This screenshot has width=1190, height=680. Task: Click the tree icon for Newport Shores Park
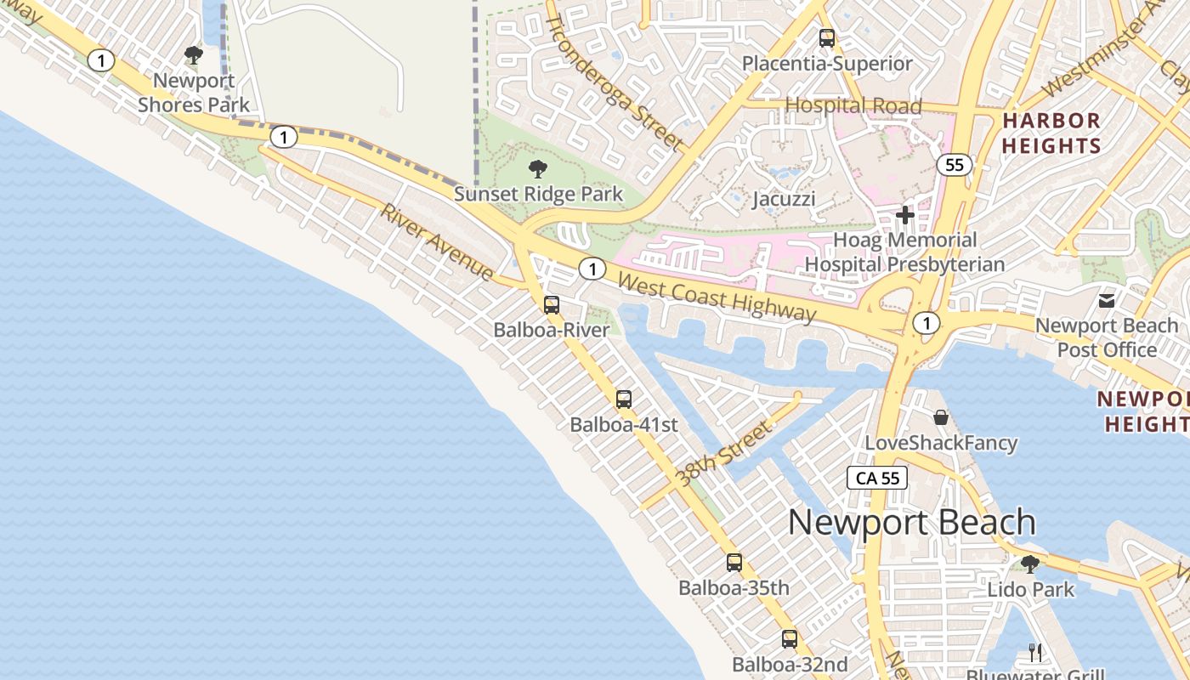194,56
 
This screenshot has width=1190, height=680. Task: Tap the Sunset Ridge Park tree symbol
537,168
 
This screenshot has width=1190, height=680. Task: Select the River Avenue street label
437,242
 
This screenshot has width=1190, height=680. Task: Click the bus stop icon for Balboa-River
552,304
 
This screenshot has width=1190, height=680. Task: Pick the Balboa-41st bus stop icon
624,399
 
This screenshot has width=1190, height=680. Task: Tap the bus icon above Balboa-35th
734,562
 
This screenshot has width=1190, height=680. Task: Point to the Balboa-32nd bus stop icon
790,638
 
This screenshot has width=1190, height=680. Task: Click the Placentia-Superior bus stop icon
827,37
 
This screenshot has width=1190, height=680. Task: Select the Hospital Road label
853,105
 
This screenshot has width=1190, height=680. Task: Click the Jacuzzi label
784,199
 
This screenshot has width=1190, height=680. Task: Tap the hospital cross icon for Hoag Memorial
905,215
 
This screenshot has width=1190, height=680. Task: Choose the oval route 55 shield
955,164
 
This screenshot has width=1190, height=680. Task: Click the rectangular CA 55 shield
877,478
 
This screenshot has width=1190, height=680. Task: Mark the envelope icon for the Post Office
1107,300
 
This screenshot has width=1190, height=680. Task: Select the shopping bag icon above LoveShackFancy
941,417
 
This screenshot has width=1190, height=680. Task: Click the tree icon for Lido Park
1029,564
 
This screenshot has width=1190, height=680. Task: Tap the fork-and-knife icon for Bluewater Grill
1035,652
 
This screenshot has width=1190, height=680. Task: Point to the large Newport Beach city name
912,522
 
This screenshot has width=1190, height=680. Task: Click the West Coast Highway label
717,297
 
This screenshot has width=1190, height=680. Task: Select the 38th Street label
723,454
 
